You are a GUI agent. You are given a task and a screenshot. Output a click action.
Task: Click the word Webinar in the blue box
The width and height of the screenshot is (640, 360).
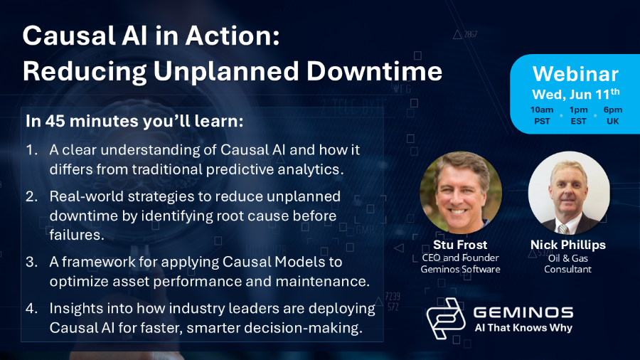point(575,74)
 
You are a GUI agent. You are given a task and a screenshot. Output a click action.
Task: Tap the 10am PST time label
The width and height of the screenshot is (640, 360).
point(542,115)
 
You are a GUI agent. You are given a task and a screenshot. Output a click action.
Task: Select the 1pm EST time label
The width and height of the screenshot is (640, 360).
point(578,115)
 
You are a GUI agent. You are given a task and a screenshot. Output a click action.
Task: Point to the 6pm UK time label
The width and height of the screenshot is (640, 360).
point(613,115)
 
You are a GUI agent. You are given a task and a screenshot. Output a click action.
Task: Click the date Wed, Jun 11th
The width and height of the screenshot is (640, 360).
point(576,95)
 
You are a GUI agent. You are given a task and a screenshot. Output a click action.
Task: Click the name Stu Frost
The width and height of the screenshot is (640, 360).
point(460,245)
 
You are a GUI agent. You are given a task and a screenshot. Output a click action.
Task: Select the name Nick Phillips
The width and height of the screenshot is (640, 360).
point(567,245)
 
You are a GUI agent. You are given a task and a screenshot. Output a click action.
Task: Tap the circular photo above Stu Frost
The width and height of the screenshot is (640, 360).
point(461,193)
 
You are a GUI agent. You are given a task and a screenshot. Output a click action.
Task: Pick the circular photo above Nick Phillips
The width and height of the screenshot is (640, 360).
point(569,193)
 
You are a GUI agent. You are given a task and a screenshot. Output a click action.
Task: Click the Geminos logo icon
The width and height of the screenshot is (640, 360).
point(446,319)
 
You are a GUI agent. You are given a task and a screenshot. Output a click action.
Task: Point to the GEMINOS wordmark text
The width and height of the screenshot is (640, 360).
point(523,312)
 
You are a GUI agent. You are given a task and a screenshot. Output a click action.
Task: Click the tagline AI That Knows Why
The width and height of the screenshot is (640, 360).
point(523,328)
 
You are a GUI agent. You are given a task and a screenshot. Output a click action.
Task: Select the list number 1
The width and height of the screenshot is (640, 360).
point(31,150)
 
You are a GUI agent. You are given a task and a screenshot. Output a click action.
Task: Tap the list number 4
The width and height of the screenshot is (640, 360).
point(31,308)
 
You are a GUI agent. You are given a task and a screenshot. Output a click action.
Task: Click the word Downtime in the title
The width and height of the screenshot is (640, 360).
point(374,71)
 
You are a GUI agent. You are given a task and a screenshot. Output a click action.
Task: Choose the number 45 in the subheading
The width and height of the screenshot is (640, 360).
point(55,121)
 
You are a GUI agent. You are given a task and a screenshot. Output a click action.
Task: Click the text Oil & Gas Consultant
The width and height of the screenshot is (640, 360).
point(567,264)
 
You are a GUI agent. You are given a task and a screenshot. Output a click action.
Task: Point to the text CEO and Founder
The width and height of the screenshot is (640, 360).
point(460,258)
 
